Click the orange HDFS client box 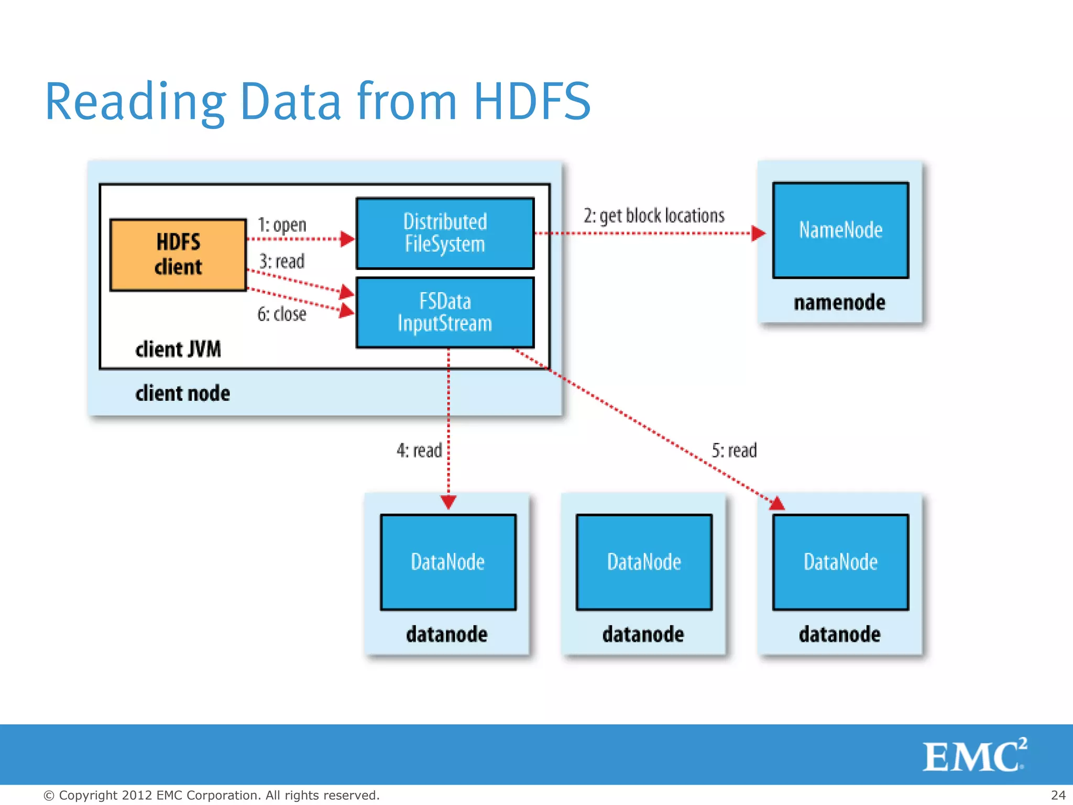pos(178,255)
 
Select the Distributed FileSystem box pos(445,233)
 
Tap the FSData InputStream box pos(445,313)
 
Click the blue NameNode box pos(840,230)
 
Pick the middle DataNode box pos(644,562)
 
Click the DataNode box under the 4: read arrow pos(448,562)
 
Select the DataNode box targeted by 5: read pos(840,562)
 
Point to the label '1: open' pos(282,225)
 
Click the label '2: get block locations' pos(654,215)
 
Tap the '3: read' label pos(282,261)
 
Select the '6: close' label pos(282,314)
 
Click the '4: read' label pos(419,450)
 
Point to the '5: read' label pos(734,450)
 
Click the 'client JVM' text pos(178,349)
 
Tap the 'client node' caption pos(182,393)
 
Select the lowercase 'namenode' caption pos(839,302)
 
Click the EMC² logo pos(975,755)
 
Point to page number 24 pos(1058,795)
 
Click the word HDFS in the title pos(532,101)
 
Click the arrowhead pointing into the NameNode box pos(758,233)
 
